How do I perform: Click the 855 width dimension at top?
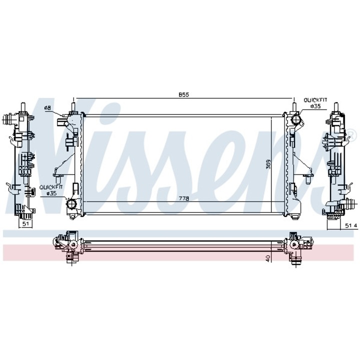click(x=184, y=94)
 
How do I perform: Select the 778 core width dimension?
click(x=184, y=198)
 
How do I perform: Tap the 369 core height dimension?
click(x=268, y=164)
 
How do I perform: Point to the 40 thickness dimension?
click(x=267, y=258)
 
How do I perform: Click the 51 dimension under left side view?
click(x=25, y=223)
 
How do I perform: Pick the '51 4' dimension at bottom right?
click(x=351, y=225)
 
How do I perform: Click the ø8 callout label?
click(x=47, y=107)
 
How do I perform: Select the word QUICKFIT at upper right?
click(x=315, y=100)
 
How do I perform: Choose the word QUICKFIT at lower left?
click(x=50, y=187)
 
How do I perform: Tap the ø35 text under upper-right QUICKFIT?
click(x=315, y=106)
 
